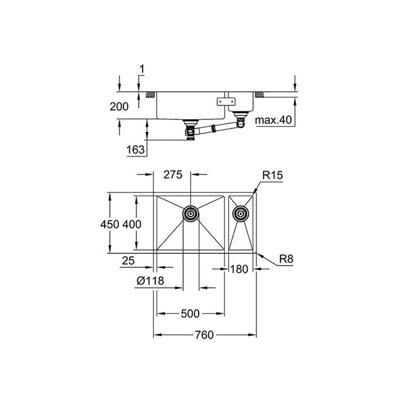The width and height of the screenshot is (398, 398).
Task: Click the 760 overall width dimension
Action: click(204, 335)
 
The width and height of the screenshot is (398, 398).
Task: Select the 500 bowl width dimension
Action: click(190, 314)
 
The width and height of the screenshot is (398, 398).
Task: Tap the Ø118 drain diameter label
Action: click(150, 281)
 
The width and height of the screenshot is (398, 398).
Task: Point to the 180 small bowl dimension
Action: click(239, 269)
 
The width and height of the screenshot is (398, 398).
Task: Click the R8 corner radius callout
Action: click(286, 259)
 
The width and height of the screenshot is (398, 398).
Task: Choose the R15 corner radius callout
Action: click(273, 175)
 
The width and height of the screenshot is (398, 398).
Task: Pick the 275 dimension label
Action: click(173, 175)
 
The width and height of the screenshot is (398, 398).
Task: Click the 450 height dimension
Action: click(110, 224)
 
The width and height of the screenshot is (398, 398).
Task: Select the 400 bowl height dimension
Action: click(132, 224)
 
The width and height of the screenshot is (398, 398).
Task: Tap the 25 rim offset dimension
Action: click(128, 261)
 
